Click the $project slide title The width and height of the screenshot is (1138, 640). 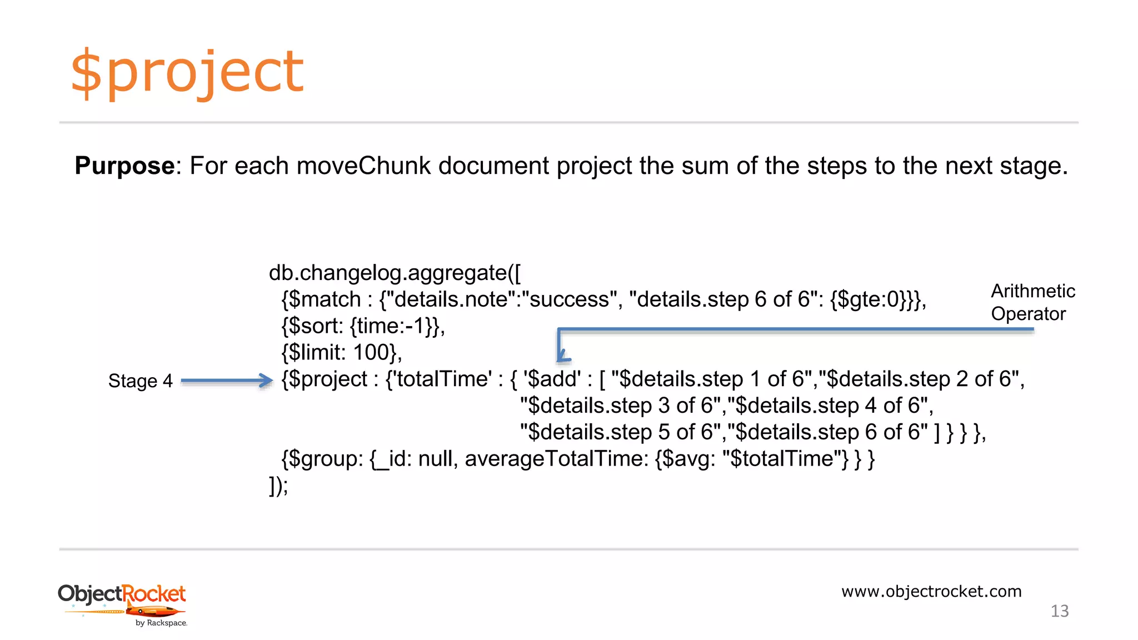point(187,72)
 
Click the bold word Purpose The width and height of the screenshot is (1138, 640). point(124,166)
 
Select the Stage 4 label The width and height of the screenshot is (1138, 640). point(140,381)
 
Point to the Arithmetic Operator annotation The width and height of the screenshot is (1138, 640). point(1032,302)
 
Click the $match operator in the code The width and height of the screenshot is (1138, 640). point(325,299)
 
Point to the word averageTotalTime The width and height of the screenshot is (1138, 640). point(556,459)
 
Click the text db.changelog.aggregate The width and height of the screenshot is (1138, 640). point(388,273)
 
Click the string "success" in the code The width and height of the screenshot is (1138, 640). point(570,299)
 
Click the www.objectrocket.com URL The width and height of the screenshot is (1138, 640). point(931,591)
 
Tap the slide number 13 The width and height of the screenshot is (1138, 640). point(1060,611)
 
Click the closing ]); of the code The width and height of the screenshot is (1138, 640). point(278,486)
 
